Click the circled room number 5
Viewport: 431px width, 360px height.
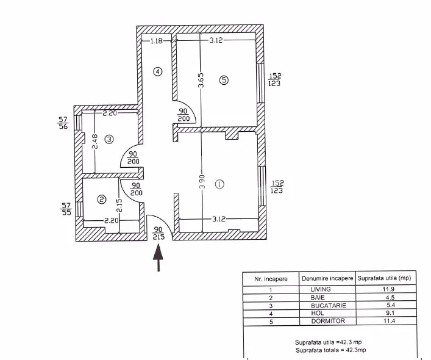coord(224,80)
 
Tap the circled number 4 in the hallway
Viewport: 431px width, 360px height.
coord(157,72)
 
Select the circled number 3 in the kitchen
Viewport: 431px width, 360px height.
coord(109,140)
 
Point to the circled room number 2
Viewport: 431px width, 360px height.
coord(102,199)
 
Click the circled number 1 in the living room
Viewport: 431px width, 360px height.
coord(219,184)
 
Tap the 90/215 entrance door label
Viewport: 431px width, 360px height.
coord(159,233)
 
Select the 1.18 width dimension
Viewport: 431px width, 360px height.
coord(157,41)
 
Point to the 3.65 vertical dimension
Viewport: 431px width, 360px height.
coord(201,80)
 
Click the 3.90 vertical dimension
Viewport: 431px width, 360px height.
coord(202,182)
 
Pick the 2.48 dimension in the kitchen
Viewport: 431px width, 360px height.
coord(94,142)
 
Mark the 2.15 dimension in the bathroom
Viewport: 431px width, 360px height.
coord(119,205)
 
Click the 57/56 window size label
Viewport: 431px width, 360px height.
coord(63,123)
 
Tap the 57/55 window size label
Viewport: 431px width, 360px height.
coord(66,209)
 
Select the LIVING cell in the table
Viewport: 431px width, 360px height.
coord(321,289)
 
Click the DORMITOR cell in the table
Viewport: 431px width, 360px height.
coord(328,321)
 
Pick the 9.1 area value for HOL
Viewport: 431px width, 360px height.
coord(390,313)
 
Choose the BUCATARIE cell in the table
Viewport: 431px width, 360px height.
coord(329,306)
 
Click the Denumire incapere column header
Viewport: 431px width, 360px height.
coord(327,278)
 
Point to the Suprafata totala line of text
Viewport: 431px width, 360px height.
coord(330,350)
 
